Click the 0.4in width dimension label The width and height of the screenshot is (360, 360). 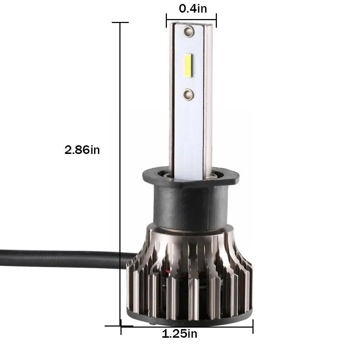coord(193,8)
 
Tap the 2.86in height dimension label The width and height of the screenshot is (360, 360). coord(82,150)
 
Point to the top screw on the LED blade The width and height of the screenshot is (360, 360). coord(187,32)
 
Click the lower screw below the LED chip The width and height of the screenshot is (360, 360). coord(188,94)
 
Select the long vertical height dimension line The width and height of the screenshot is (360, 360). coord(120,173)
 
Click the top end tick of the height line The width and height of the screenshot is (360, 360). coord(120,23)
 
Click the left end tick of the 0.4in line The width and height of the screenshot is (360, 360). coord(167,20)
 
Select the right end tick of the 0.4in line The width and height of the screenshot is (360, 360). coord(216,20)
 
